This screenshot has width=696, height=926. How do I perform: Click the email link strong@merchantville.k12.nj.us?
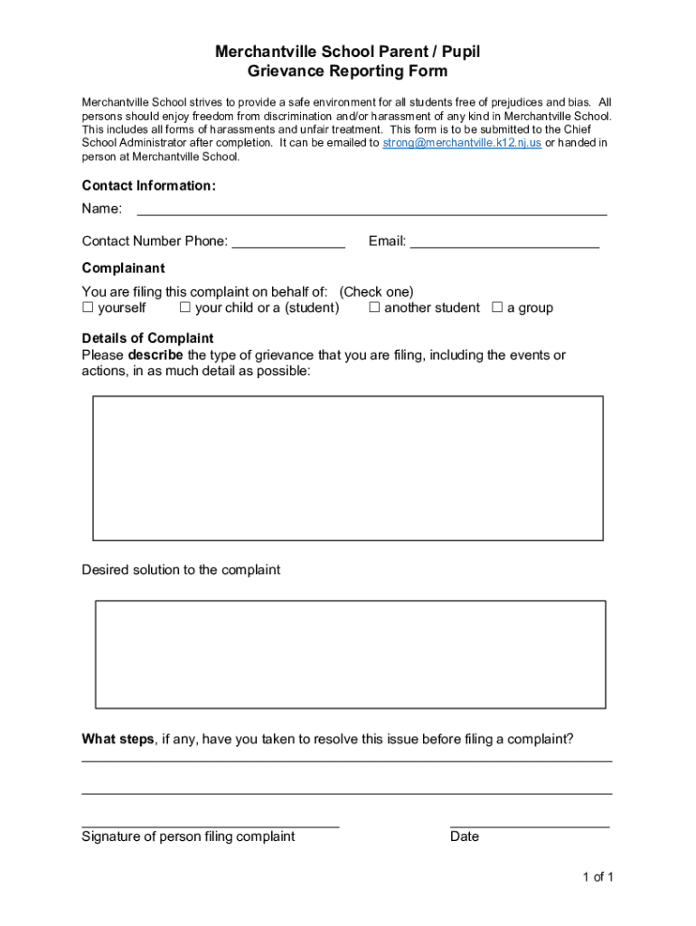point(462,143)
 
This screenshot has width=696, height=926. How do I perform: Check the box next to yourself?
point(88,307)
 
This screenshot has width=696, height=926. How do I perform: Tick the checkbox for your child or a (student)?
point(184,307)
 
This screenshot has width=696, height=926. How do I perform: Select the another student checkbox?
point(374,307)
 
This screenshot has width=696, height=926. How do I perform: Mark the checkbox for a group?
point(496,307)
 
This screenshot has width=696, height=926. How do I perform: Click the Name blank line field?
point(371,211)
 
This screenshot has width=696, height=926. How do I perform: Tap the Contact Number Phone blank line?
point(287,243)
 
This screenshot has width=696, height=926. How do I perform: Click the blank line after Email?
point(504,243)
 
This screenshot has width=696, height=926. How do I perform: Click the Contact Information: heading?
point(149,185)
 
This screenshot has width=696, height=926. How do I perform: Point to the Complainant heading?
point(123,268)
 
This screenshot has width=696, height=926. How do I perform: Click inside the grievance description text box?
point(348,468)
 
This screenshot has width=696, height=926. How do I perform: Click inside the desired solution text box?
point(351,654)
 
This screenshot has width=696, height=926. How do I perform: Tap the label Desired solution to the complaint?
point(181,570)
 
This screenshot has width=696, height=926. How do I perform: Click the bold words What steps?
point(118,739)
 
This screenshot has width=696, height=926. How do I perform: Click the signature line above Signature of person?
point(210,824)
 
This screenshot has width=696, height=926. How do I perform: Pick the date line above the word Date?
point(529,824)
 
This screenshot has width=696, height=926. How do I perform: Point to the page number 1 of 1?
point(598,876)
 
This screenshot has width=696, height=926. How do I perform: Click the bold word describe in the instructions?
point(155,355)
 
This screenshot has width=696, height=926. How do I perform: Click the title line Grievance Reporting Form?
point(348,71)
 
